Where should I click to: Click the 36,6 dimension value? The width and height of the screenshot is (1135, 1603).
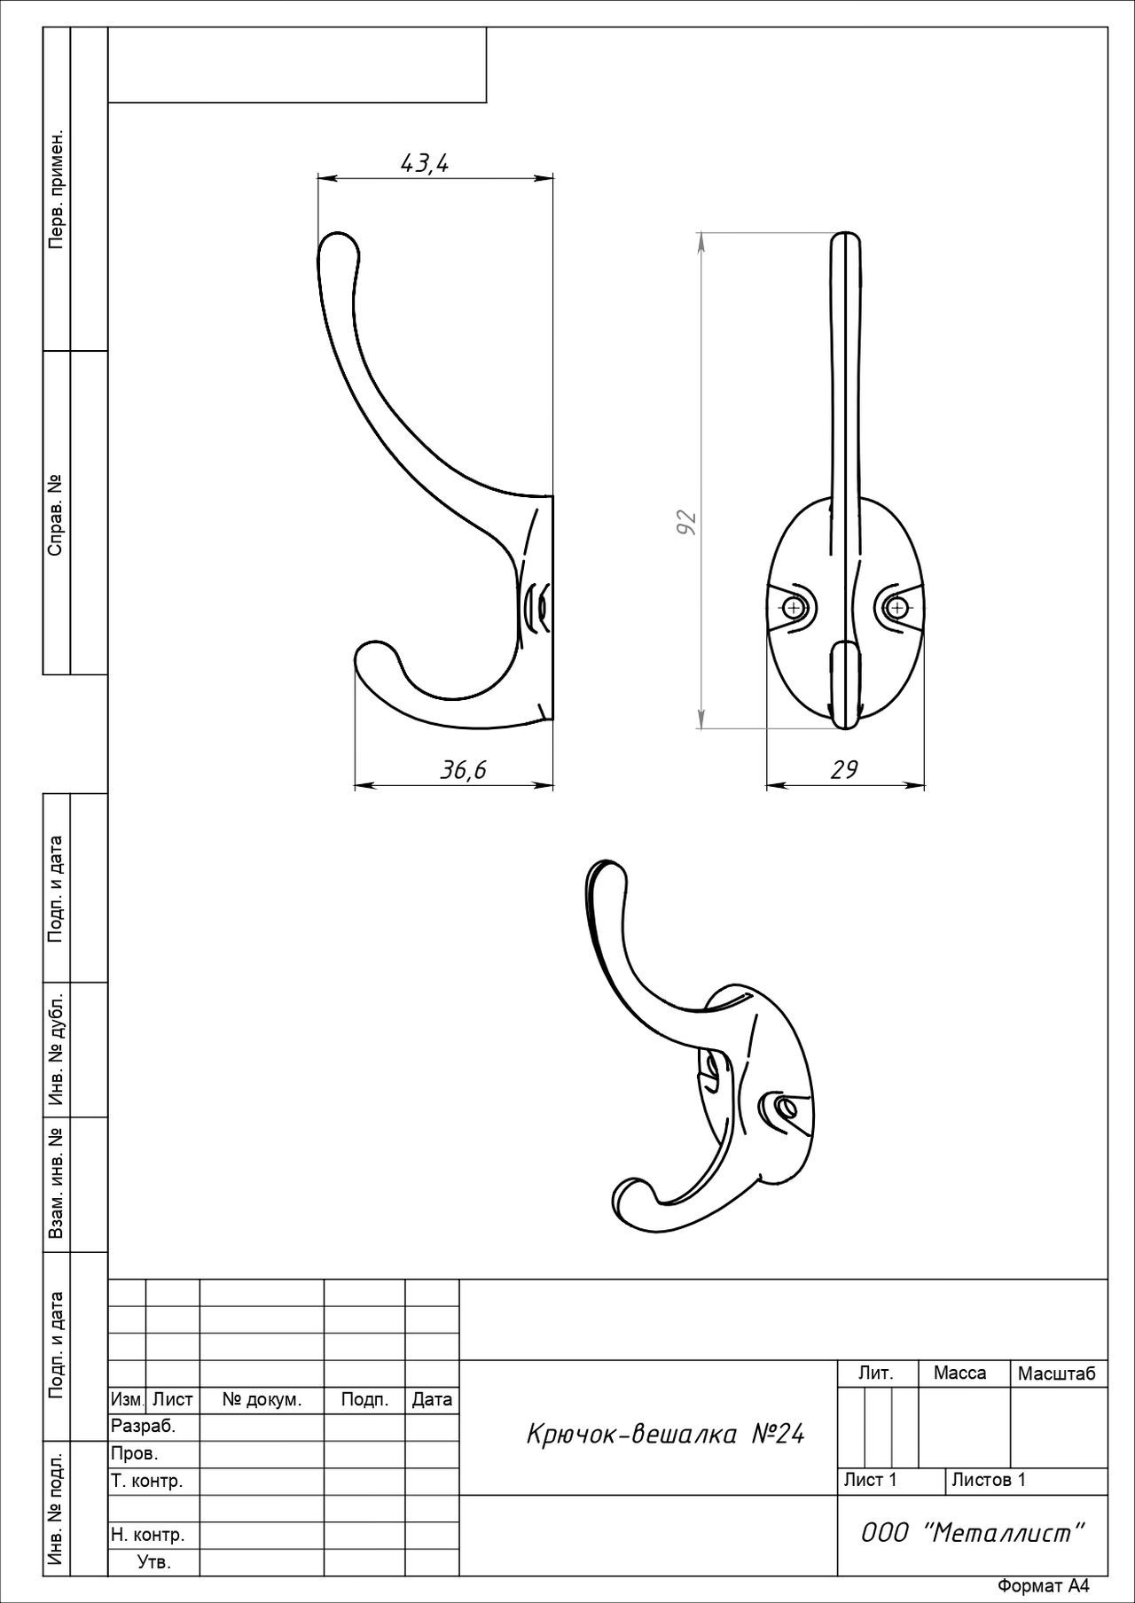point(464,770)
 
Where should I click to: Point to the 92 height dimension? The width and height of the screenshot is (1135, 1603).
point(686,522)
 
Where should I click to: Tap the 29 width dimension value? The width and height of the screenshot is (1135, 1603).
point(844,769)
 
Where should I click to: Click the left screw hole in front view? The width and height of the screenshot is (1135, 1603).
point(792,608)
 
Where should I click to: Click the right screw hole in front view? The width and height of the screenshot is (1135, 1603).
point(898,608)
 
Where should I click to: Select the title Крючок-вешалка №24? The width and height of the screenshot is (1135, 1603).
point(665,1434)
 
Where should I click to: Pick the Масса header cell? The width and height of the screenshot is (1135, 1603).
point(959,1373)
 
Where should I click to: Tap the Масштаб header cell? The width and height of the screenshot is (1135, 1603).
point(1057,1373)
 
